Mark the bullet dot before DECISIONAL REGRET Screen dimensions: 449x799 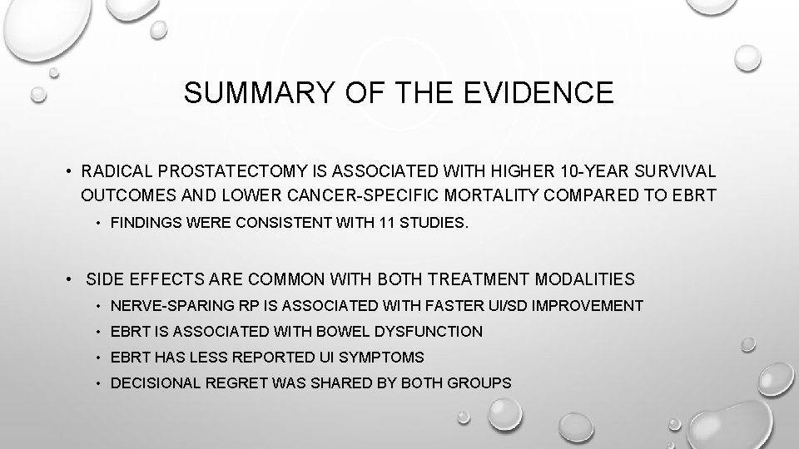point(99,383)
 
